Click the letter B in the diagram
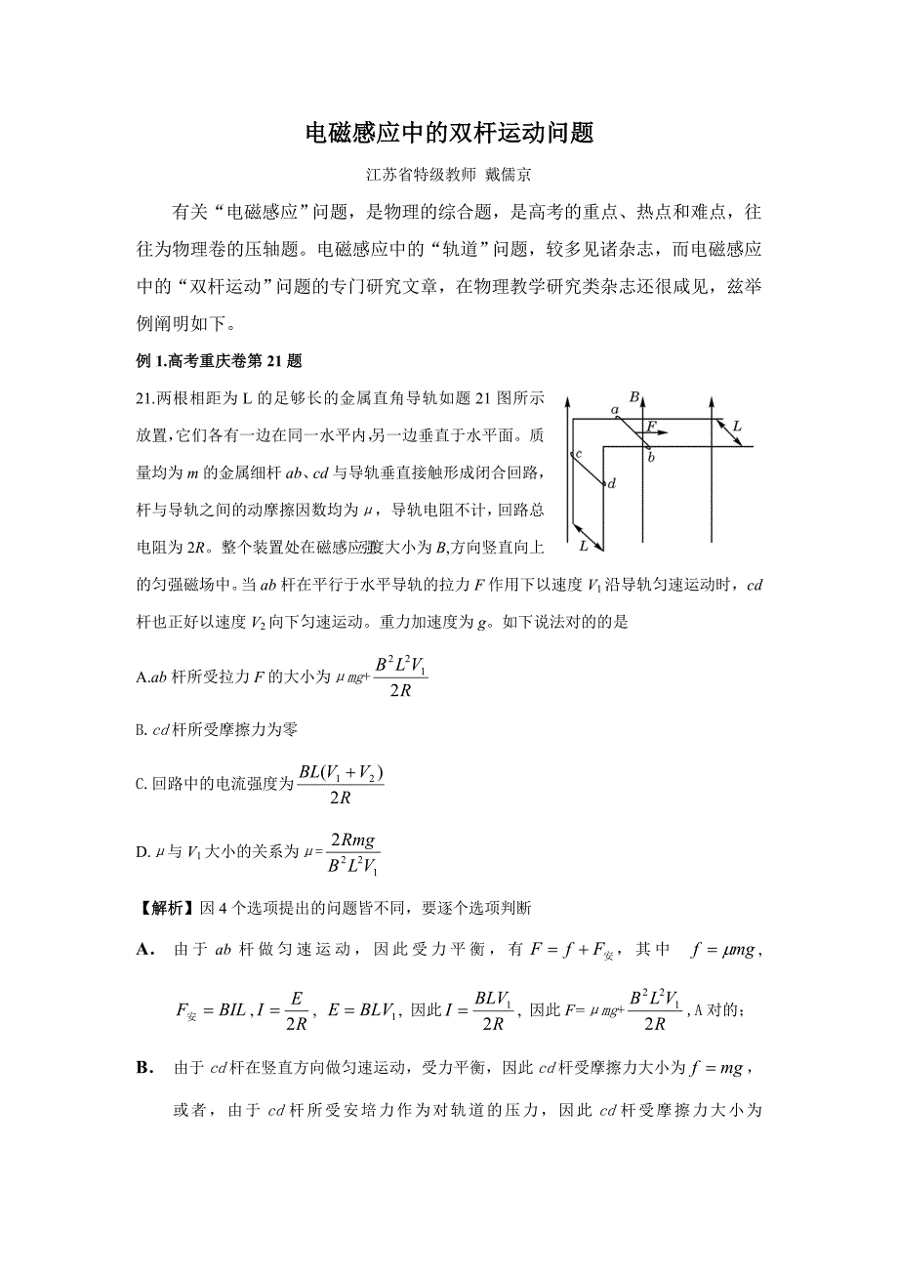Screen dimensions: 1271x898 634,396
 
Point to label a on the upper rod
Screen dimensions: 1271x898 614,411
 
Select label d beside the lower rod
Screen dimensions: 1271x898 612,483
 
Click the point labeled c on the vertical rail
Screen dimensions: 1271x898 577,455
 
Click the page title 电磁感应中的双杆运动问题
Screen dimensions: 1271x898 449,134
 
